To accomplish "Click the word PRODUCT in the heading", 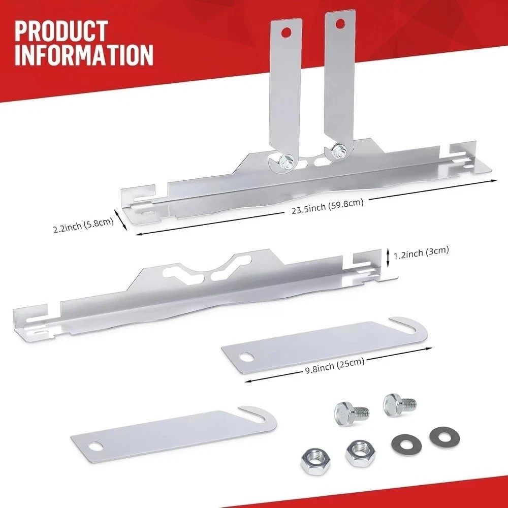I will click(61, 31).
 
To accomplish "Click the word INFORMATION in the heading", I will click(84, 55).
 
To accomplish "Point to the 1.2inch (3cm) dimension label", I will click(421, 251).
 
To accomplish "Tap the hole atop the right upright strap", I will click(340, 22).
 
